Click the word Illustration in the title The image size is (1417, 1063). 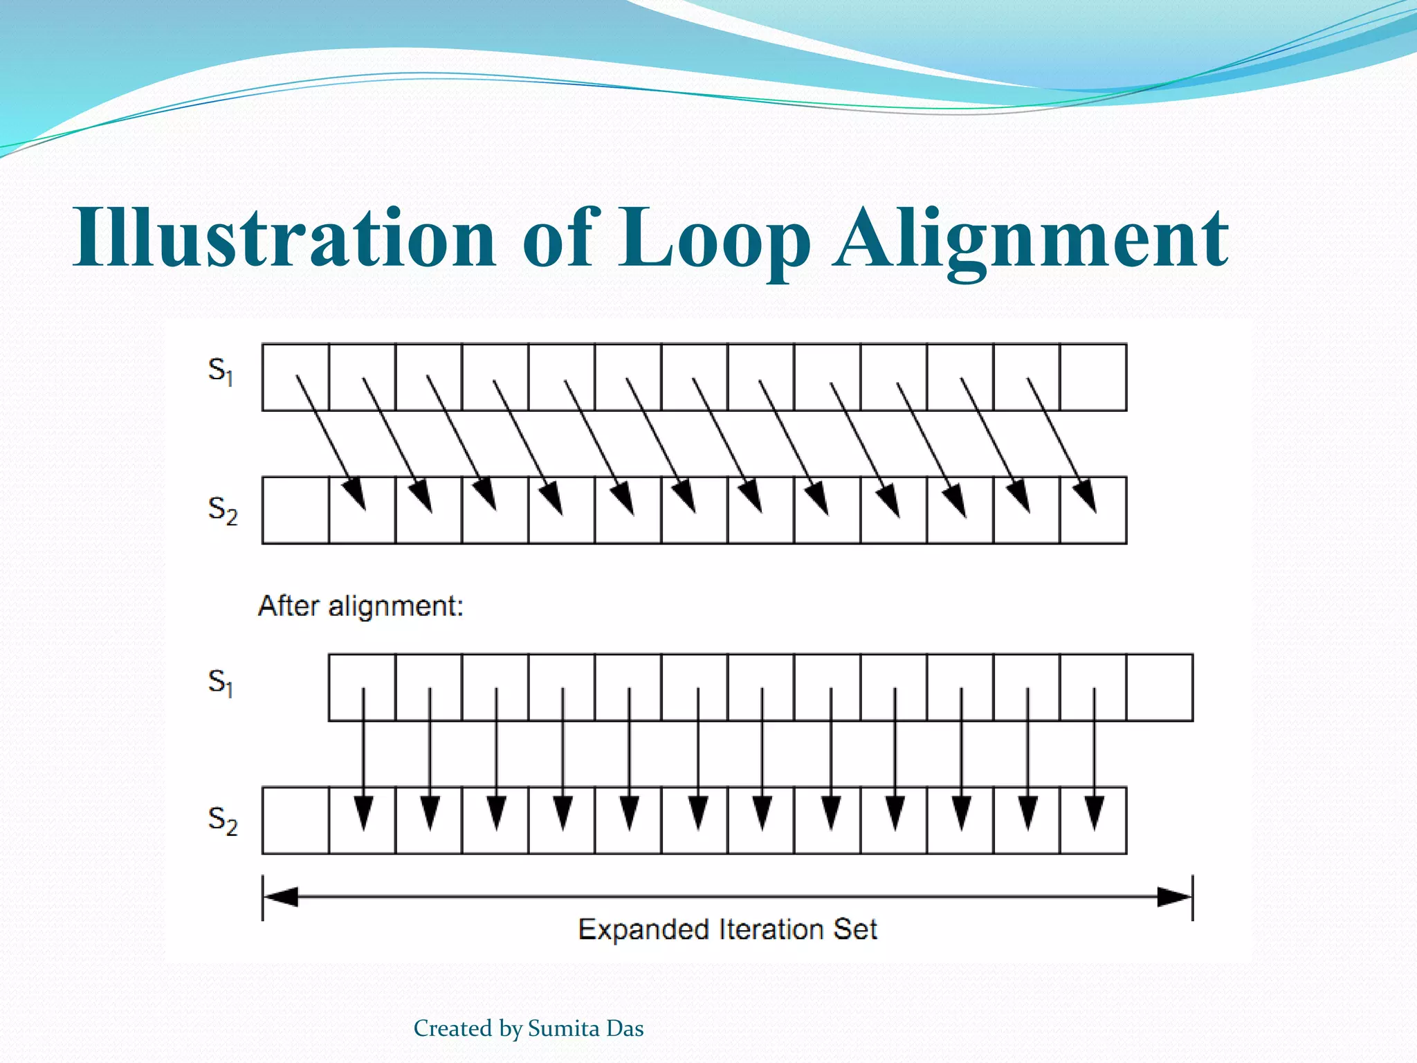pyautogui.click(x=284, y=237)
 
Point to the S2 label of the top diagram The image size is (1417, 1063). pyautogui.click(x=222, y=510)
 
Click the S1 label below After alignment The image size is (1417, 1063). pyautogui.click(x=221, y=682)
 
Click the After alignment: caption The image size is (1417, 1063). pyautogui.click(x=360, y=606)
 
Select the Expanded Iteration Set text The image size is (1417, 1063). pyautogui.click(x=727, y=929)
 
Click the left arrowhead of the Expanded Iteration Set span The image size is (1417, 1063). pyautogui.click(x=281, y=897)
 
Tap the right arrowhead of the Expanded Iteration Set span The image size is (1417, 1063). pyautogui.click(x=1175, y=897)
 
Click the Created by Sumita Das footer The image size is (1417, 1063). pyautogui.click(x=529, y=1028)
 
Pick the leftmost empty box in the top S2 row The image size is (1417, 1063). pyautogui.click(x=295, y=510)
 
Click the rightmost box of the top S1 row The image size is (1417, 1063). pyautogui.click(x=1093, y=377)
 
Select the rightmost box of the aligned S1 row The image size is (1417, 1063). pyautogui.click(x=1160, y=687)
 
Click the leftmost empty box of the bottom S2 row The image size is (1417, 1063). pyautogui.click(x=295, y=820)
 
